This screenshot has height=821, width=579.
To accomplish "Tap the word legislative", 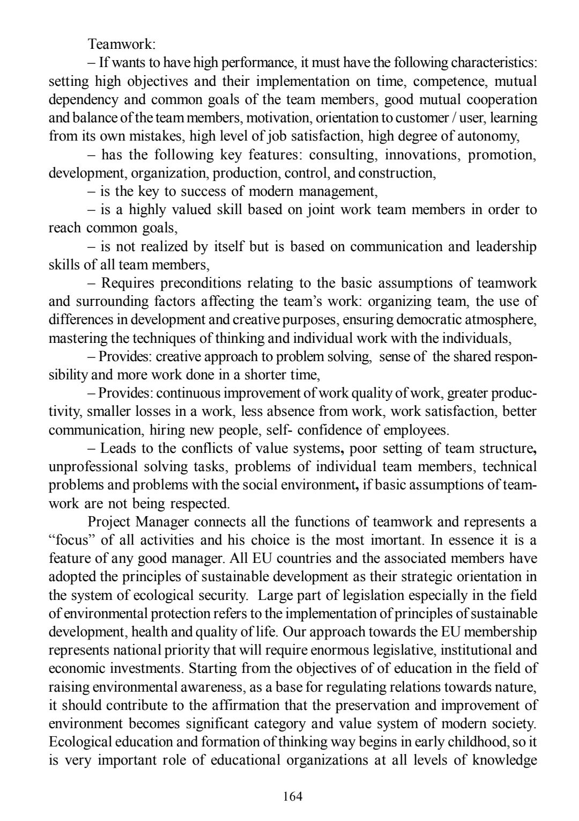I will pyautogui.click(x=404, y=650).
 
